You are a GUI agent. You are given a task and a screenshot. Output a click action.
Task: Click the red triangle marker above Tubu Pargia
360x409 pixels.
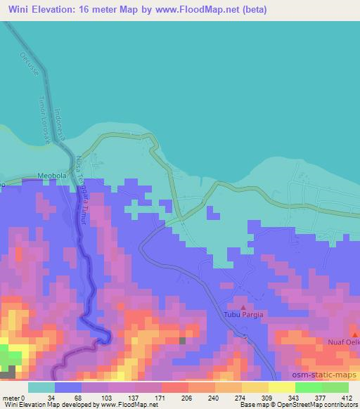(243, 306)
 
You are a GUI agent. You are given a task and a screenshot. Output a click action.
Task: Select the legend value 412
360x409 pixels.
(347, 397)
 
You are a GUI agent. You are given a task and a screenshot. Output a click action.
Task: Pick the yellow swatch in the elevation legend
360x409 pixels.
(282, 387)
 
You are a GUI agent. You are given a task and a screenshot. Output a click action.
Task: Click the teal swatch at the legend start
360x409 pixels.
(42, 387)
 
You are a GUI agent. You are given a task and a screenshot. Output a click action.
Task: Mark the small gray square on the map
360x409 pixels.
(184, 341)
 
